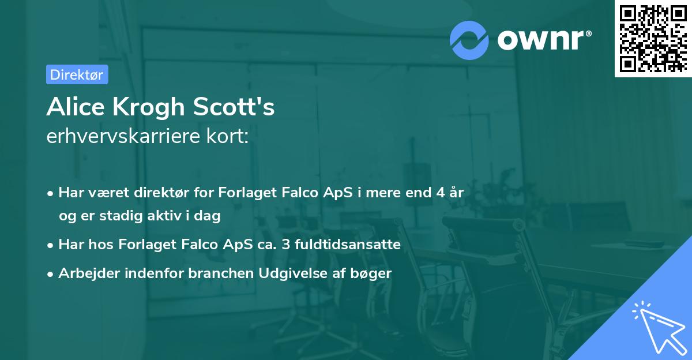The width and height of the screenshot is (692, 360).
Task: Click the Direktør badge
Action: point(77,74)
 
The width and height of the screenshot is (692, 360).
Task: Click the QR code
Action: point(653,38)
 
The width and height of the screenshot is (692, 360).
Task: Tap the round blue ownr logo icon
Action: point(469,40)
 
